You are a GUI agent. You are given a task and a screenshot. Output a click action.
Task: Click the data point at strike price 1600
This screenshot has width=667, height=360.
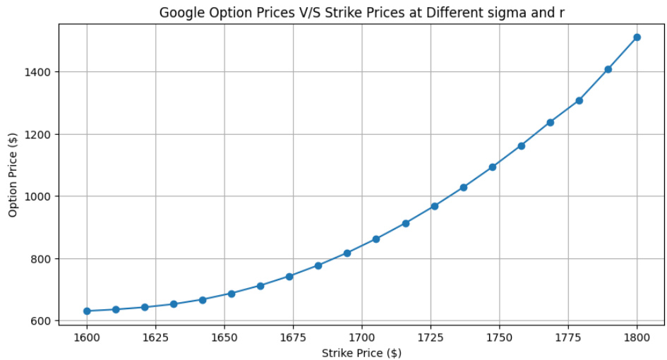[x=87, y=311]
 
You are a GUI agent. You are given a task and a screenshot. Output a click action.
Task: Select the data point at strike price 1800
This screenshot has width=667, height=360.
[x=637, y=37]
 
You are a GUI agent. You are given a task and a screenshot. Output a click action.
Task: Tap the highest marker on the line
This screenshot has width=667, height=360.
[x=637, y=37]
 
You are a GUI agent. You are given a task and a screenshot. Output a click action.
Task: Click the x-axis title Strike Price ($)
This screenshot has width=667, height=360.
[x=361, y=352]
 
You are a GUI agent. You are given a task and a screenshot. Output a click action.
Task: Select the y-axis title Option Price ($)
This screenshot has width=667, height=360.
[x=13, y=174]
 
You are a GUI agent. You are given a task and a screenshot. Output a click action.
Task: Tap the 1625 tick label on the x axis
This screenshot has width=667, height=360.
[x=155, y=337]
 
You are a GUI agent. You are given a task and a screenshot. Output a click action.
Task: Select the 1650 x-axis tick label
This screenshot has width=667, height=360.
[x=224, y=337]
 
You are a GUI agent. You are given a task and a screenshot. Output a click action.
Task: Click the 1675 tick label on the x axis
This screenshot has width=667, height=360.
[x=293, y=337]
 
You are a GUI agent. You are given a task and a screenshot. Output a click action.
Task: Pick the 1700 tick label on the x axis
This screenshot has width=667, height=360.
[x=361, y=337]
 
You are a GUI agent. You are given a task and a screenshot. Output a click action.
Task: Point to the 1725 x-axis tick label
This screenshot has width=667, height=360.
[x=431, y=337]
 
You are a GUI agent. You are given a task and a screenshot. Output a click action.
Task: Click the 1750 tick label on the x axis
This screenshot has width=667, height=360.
[x=499, y=337]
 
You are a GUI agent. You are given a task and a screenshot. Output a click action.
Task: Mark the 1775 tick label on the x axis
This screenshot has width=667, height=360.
[x=568, y=337]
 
